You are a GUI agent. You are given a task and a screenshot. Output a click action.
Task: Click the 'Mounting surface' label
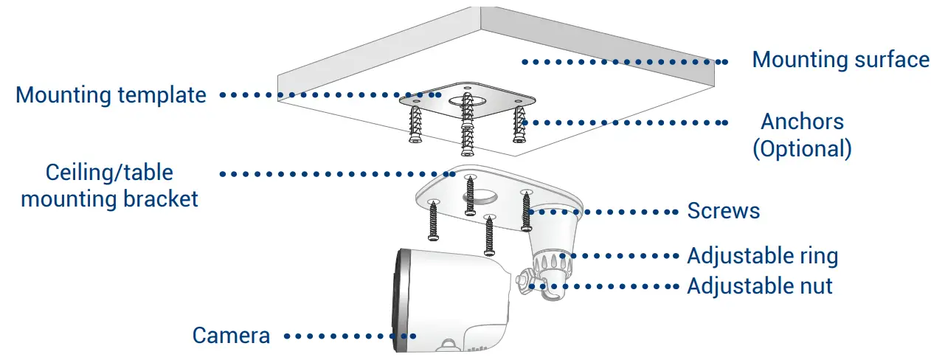840,60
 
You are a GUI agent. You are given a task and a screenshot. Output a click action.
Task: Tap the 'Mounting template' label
111,95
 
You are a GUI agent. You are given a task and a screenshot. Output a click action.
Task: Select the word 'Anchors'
802,121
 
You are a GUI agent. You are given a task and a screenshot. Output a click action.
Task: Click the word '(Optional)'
802,149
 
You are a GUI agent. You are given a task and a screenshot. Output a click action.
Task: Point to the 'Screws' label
723,211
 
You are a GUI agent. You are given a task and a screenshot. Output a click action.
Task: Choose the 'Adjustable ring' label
762,256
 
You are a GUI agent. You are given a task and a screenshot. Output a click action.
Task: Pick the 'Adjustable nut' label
759,285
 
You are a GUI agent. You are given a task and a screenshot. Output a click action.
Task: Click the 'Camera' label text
231,336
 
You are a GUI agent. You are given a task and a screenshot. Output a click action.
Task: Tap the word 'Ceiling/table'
109,173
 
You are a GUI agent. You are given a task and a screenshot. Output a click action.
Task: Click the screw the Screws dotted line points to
527,210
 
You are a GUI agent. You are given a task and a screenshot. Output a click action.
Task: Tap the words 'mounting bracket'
109,199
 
